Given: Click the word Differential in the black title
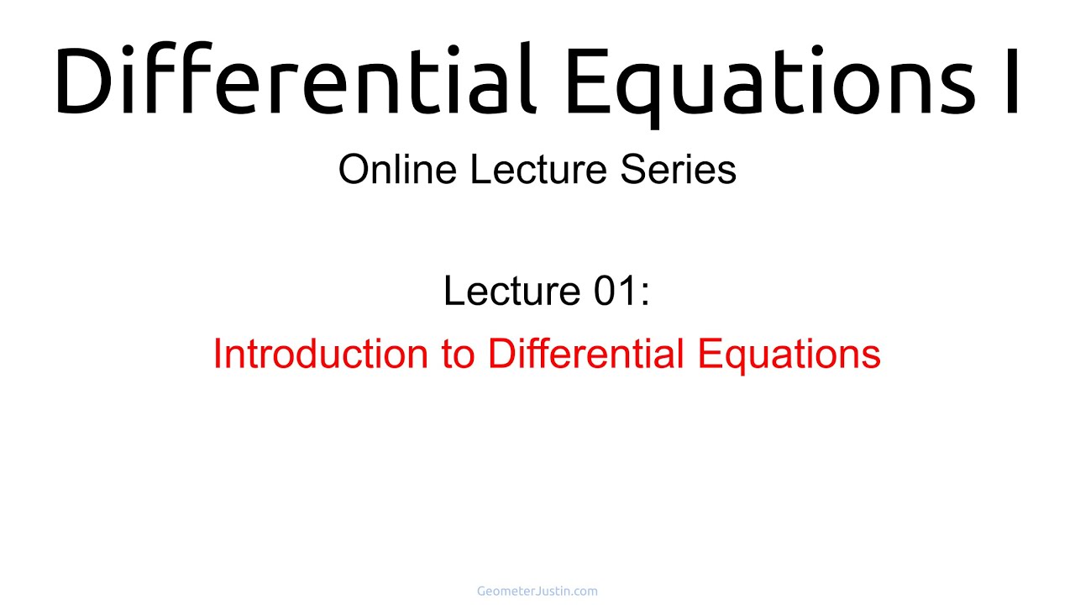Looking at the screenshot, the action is coord(295,78).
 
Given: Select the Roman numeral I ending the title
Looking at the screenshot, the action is coord(1012,80).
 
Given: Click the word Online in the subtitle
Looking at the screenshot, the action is coord(397,170).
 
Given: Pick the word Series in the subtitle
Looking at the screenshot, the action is coord(678,170).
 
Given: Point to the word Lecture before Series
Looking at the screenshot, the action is coord(538,170).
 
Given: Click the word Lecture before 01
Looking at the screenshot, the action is coord(511,291).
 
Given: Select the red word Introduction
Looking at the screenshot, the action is coord(321,354).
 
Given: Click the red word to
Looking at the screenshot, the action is coord(458,355).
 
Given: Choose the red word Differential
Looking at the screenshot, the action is coord(585,354).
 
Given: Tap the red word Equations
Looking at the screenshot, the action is coord(789,355).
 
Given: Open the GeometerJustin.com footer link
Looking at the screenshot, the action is coord(537,591).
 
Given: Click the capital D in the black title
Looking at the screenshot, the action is coord(83,80).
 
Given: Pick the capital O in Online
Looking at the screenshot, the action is coord(354,170).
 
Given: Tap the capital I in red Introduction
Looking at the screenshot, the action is coord(217,354).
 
